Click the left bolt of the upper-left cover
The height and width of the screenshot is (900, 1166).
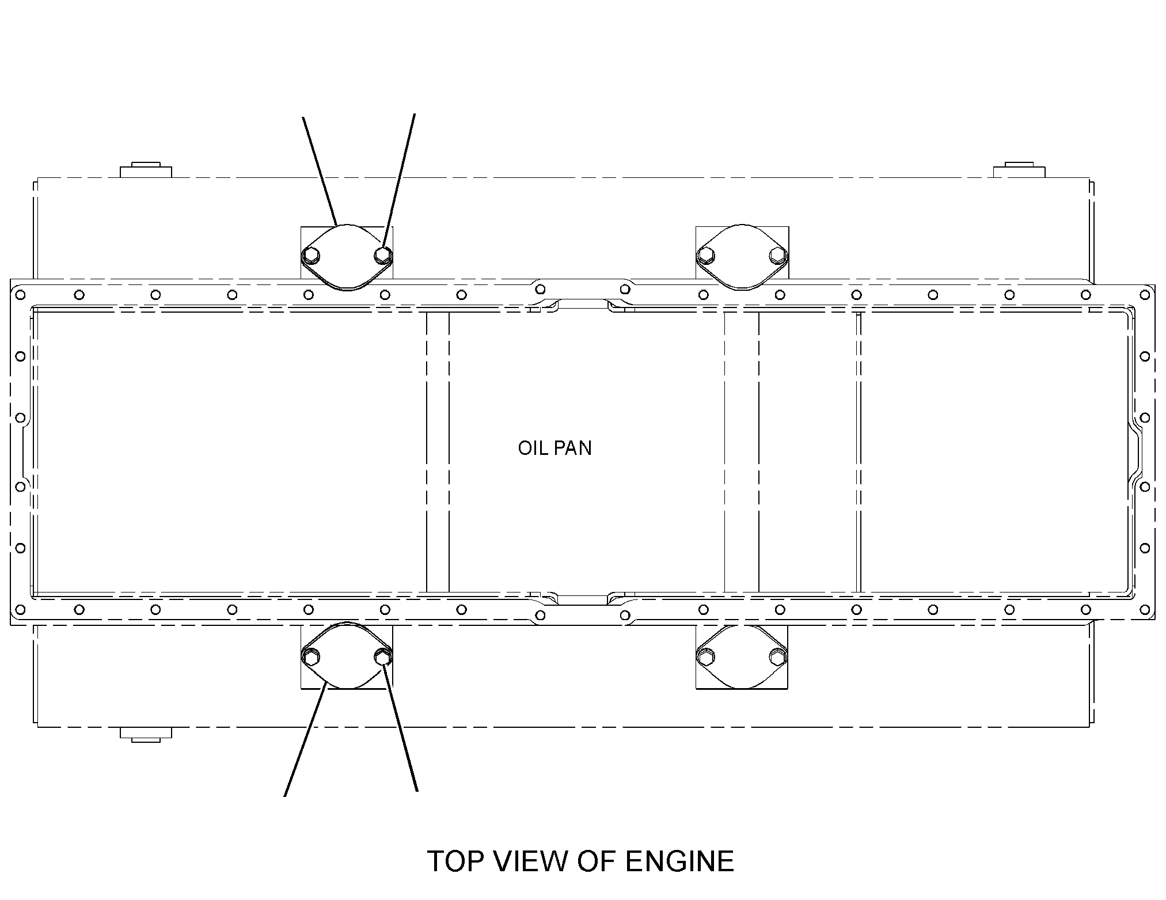[311, 255]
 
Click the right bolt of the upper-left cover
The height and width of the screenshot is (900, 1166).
[382, 254]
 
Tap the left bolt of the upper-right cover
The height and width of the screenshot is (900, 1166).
[705, 255]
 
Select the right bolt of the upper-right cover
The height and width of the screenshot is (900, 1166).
[778, 254]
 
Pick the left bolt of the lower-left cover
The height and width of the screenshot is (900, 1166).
[311, 656]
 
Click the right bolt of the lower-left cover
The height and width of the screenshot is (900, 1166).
[382, 656]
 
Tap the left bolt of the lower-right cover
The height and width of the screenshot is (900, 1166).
[705, 656]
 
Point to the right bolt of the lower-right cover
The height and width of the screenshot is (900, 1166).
[778, 656]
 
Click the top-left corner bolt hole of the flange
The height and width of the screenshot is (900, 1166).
[20, 295]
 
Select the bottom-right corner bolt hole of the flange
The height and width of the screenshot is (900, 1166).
[1145, 609]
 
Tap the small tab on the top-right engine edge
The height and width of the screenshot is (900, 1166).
[1020, 170]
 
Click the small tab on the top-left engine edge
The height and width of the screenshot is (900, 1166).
[146, 170]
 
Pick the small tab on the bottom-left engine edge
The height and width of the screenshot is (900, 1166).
[146, 735]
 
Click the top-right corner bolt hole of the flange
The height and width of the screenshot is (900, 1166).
[1145, 295]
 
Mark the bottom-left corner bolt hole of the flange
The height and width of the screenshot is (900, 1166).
[20, 609]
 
